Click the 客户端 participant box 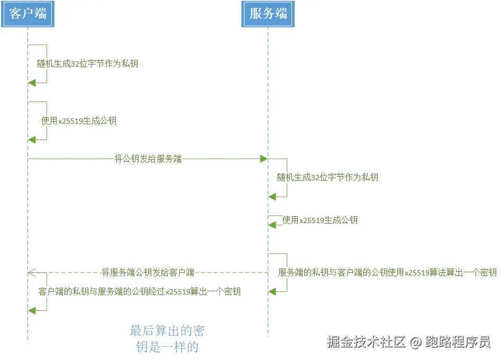click(28, 14)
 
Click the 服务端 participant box click(268, 14)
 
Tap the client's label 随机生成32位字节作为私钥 click(87, 64)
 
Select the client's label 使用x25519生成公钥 click(79, 121)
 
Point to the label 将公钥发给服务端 click(148, 159)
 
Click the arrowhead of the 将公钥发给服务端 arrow click(263, 159)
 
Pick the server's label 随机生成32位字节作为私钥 click(328, 178)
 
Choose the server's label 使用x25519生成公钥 click(320, 220)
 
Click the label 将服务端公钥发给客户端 click(148, 273)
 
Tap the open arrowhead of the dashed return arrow click(31, 273)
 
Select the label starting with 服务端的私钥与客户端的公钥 click(387, 273)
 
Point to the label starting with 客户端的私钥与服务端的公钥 click(140, 291)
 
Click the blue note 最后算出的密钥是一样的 click(167, 339)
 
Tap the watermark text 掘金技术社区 click(367, 342)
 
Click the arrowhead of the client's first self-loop click(32, 82)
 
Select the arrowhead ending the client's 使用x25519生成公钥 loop click(32, 140)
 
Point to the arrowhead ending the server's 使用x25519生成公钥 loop click(272, 225)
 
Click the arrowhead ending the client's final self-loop click(32, 310)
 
